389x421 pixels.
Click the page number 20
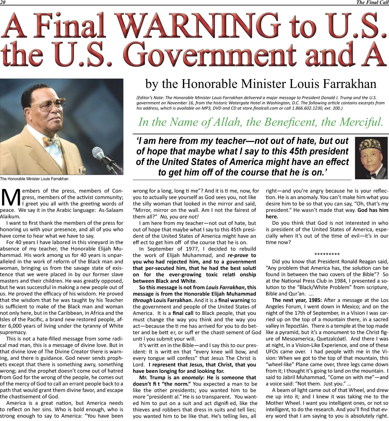tap(3, 3)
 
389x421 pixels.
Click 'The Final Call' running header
tap(372, 3)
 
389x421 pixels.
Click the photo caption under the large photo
tap(34, 179)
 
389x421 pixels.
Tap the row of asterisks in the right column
tap(327, 255)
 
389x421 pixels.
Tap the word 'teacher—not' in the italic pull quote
tap(224, 141)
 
